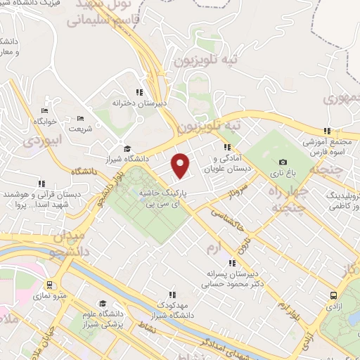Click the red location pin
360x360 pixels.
click(181, 165)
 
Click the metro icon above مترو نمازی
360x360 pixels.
click(50, 285)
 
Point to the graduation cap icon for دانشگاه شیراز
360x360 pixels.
click(127, 148)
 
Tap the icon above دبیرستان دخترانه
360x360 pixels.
click(139, 92)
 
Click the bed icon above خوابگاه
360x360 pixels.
click(45, 110)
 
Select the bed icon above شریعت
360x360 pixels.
click(79, 118)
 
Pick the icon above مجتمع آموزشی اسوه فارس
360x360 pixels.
click(326, 131)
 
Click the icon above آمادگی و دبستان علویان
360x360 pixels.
click(226, 148)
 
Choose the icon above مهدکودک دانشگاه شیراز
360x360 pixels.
click(171, 295)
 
